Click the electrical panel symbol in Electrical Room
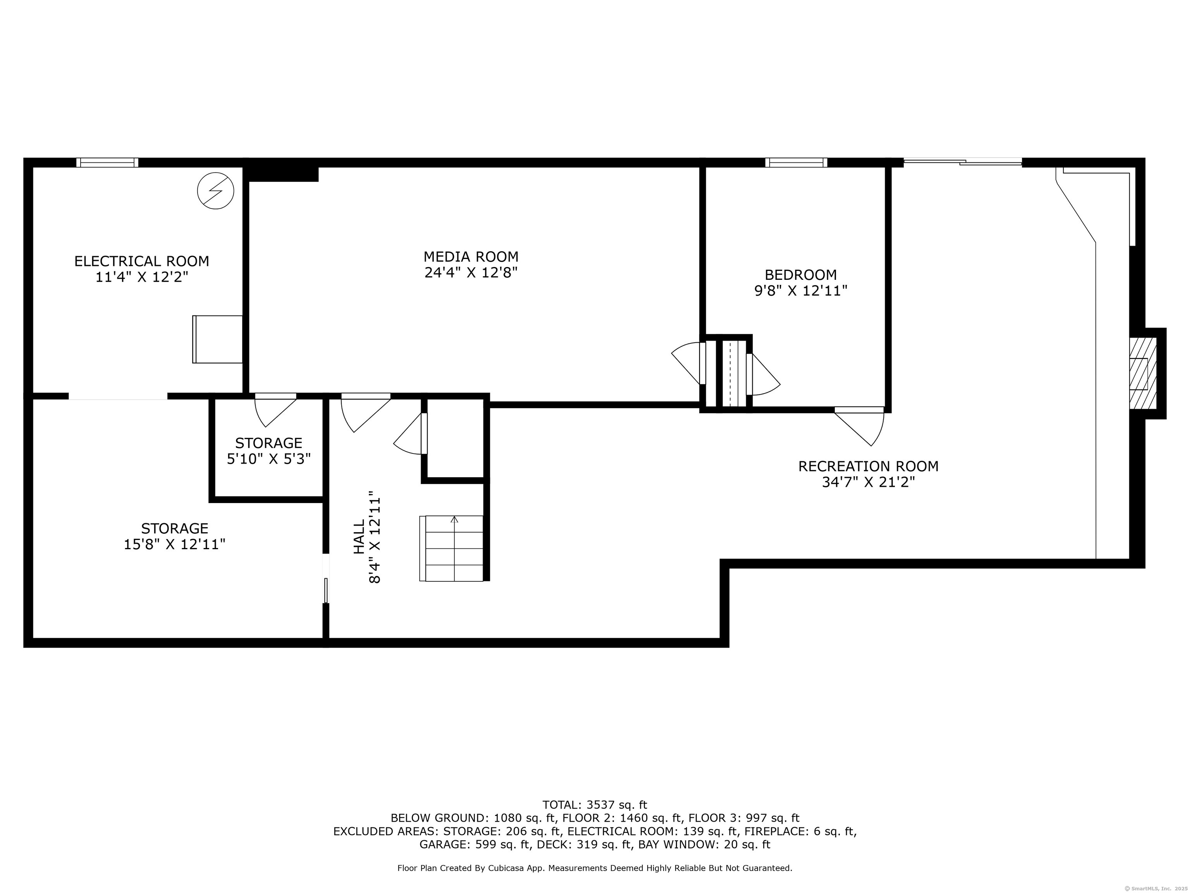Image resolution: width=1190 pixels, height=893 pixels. (216, 191)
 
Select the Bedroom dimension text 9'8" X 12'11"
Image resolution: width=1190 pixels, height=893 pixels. (801, 291)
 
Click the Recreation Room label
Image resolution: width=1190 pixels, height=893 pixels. (868, 466)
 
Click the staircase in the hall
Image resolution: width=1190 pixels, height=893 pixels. (451, 548)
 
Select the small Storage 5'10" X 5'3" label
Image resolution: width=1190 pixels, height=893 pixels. (269, 451)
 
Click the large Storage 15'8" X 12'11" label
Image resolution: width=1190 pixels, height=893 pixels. (174, 536)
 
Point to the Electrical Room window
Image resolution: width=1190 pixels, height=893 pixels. (107, 162)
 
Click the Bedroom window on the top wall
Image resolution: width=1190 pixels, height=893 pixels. (796, 162)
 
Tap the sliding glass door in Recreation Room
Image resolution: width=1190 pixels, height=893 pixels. (963, 161)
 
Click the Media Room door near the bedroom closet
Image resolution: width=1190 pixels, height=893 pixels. (689, 363)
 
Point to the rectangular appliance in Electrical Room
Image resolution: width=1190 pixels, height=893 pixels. (217, 339)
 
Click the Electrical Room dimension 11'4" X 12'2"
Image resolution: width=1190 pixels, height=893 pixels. (141, 277)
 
